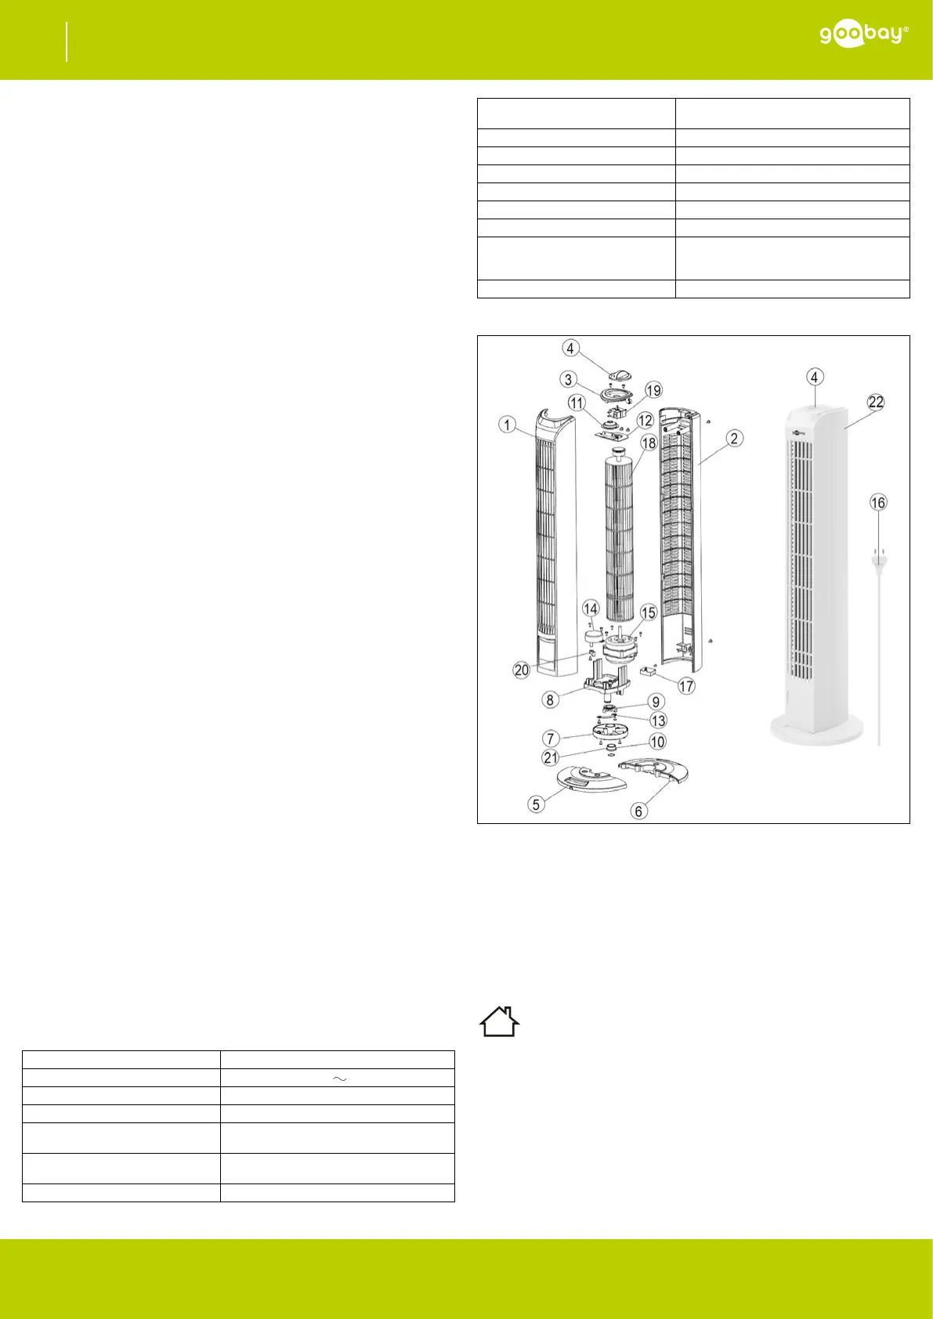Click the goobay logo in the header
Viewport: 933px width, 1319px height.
coord(864,35)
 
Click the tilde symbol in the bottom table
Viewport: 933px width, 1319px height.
coord(340,1079)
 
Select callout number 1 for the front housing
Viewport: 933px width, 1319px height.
coord(507,424)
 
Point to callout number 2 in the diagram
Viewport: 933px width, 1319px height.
coord(734,438)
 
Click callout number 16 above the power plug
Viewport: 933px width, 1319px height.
coord(878,502)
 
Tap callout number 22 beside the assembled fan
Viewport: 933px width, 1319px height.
coord(876,402)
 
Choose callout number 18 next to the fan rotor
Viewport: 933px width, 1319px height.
coord(649,443)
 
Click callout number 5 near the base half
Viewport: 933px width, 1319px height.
coord(536,804)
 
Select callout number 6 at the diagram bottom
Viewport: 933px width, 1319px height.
coord(639,811)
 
